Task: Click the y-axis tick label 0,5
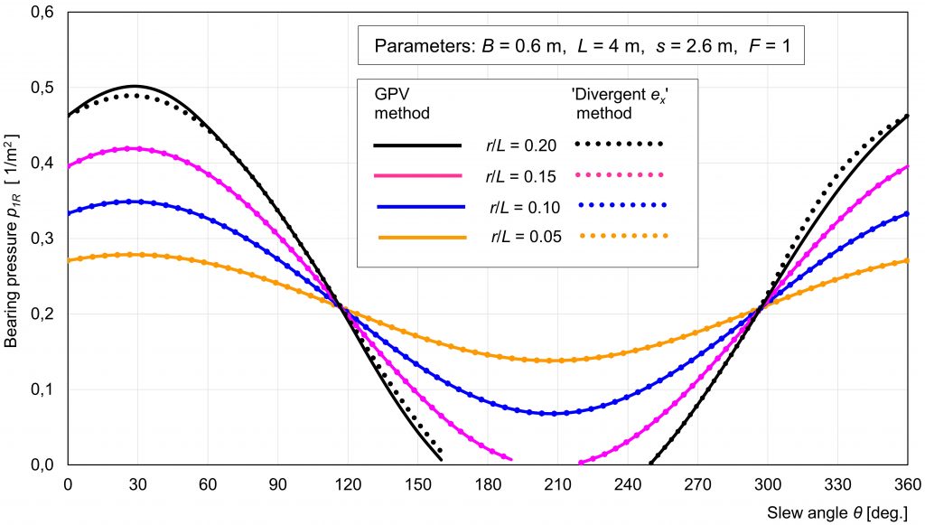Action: tap(42, 88)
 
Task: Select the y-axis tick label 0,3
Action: tap(42, 239)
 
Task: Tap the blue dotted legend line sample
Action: tap(621, 206)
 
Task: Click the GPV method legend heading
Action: tap(401, 103)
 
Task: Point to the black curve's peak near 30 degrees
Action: tap(135, 86)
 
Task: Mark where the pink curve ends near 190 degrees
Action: tap(510, 459)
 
